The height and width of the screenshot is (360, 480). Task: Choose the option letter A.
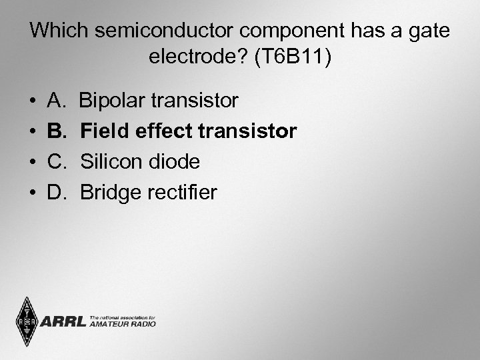click(55, 101)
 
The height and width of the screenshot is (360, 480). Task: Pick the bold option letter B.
click(56, 131)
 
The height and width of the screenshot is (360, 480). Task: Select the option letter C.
click(56, 162)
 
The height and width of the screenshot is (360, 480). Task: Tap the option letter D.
click(56, 193)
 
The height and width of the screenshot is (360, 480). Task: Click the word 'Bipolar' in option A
click(111, 101)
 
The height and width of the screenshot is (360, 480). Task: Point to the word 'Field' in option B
click(104, 131)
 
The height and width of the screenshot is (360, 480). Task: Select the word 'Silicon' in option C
click(111, 162)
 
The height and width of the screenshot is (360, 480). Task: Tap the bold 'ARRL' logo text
click(63, 322)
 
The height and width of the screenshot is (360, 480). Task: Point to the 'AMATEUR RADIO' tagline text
click(122, 324)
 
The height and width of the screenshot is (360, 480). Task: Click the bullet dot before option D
click(33, 193)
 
